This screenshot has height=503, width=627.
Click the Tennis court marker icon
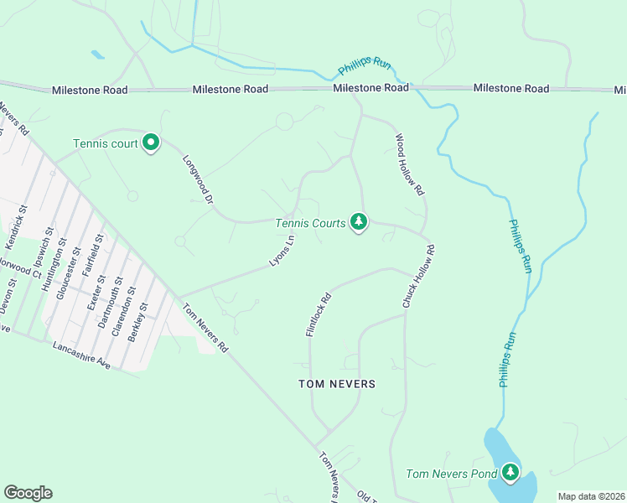pos(151,143)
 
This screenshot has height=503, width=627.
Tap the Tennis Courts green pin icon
pos(359,221)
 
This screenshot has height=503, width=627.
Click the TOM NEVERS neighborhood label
pos(337,383)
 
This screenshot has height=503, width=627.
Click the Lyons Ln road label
pos(282,251)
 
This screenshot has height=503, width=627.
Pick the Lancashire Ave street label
pos(81,355)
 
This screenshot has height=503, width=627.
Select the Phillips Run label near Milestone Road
pos(365,67)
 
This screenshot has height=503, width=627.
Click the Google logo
pos(28,493)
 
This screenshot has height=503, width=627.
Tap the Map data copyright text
pos(590,496)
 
